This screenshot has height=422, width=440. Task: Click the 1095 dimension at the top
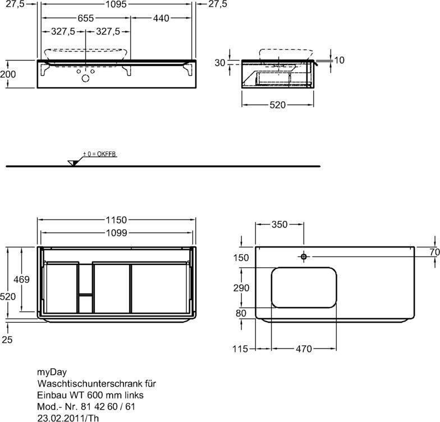pos(116,4)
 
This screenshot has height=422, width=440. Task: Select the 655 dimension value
pos(85,18)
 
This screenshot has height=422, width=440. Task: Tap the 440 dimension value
pos(161,18)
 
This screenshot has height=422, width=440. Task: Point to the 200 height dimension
pos(8,74)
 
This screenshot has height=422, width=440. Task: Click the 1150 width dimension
pos(116,220)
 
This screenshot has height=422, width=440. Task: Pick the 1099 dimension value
pos(117,233)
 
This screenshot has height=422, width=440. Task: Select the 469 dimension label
pos(21,279)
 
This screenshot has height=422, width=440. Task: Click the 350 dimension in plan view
pos(279,224)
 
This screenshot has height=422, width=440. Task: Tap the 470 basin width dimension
pos(304,349)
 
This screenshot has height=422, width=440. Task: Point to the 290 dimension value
pos(241,288)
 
